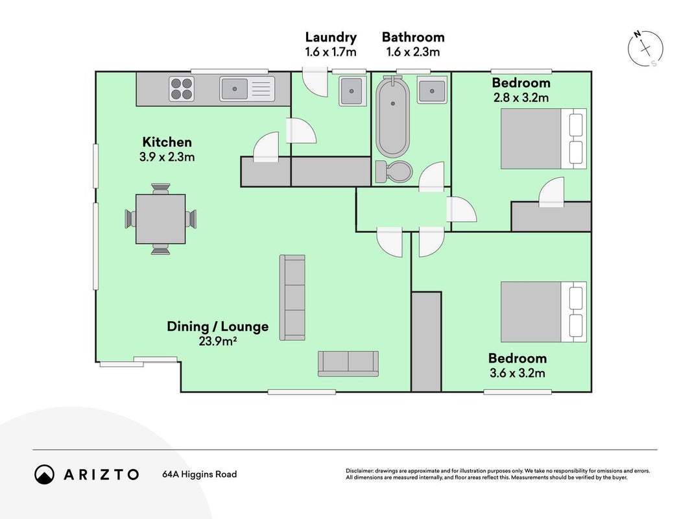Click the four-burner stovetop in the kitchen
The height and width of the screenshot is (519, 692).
click(x=182, y=89)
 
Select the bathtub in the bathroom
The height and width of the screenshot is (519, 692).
click(x=393, y=117)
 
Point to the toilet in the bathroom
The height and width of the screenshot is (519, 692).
click(x=394, y=171)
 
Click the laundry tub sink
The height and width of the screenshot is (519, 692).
click(x=352, y=91)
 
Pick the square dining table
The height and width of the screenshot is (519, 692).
click(x=160, y=219)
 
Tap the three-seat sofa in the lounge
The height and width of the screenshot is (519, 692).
click(x=292, y=298)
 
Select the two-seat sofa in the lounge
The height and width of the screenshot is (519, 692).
click(x=348, y=364)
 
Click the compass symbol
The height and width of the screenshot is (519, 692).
click(x=646, y=48)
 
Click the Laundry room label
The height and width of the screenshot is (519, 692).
click(x=331, y=37)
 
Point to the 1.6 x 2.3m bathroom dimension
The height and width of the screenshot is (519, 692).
click(x=413, y=52)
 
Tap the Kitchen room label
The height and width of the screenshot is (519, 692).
click(x=167, y=142)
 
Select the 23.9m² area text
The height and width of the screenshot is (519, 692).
click(x=217, y=341)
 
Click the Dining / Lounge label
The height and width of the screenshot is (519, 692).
click(x=217, y=326)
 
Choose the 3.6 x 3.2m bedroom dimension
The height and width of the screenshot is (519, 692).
click(x=518, y=373)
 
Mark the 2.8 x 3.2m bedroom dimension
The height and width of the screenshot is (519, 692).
click(x=521, y=97)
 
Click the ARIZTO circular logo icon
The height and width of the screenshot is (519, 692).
click(x=45, y=474)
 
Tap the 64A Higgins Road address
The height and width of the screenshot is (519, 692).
click(x=200, y=474)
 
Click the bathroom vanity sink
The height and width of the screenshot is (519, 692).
click(x=432, y=90)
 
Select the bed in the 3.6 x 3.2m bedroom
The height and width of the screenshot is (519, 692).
click(x=543, y=312)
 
